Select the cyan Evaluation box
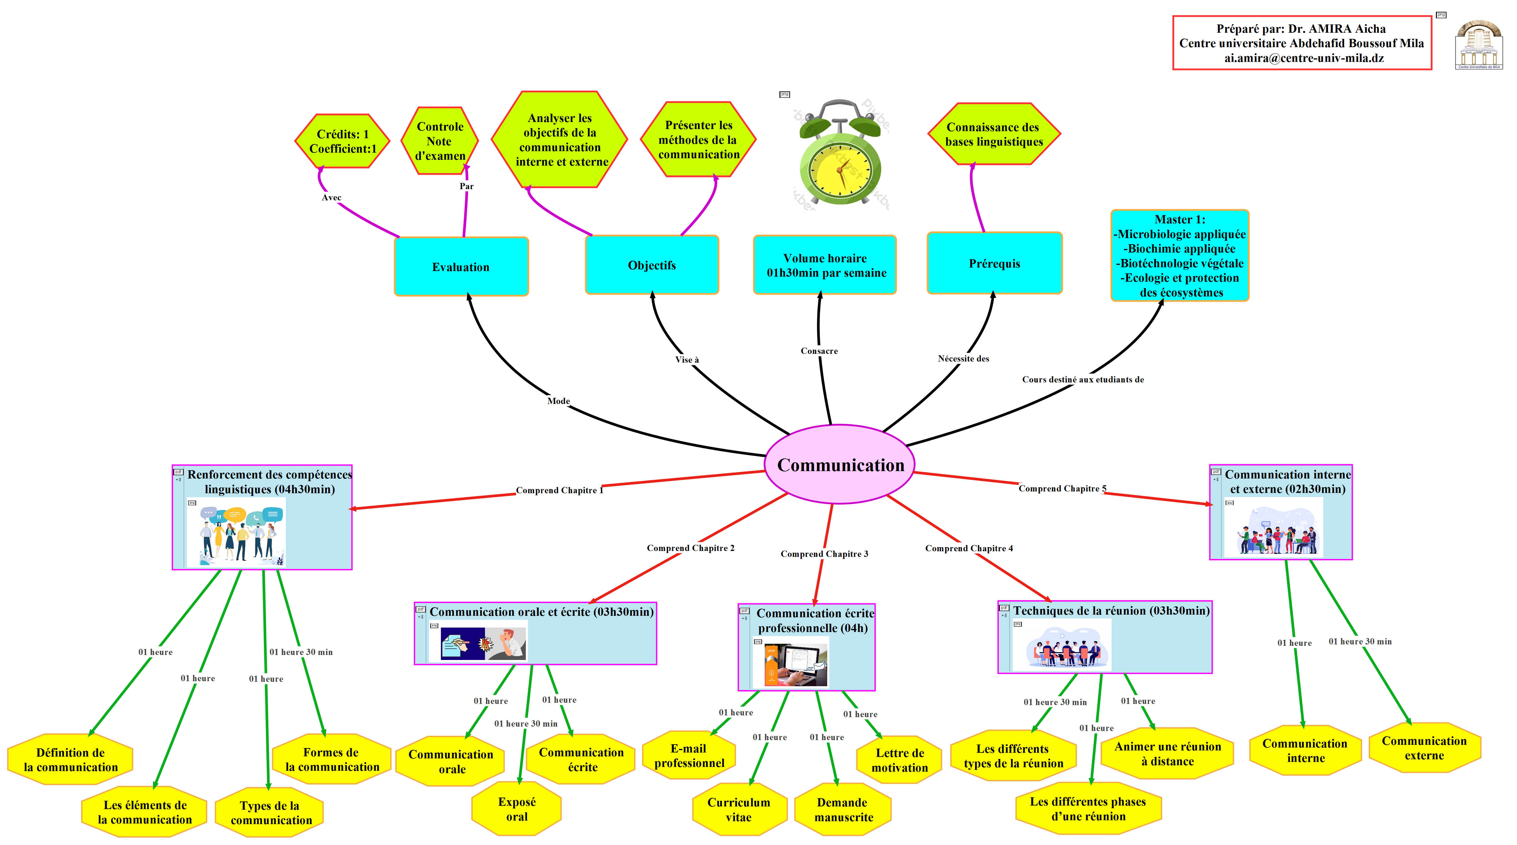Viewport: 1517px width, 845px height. (x=461, y=267)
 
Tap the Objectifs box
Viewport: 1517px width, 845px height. (x=652, y=265)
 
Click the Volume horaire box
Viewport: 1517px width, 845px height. (x=825, y=265)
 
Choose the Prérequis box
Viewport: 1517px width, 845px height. (x=995, y=263)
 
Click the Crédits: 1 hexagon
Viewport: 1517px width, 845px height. (x=342, y=141)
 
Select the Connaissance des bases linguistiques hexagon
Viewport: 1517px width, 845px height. (x=994, y=134)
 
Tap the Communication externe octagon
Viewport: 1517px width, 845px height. (x=1424, y=748)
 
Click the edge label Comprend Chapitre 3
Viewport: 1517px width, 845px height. (x=824, y=554)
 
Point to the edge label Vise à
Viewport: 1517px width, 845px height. (x=687, y=359)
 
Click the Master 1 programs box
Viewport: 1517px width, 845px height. (x=1180, y=255)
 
